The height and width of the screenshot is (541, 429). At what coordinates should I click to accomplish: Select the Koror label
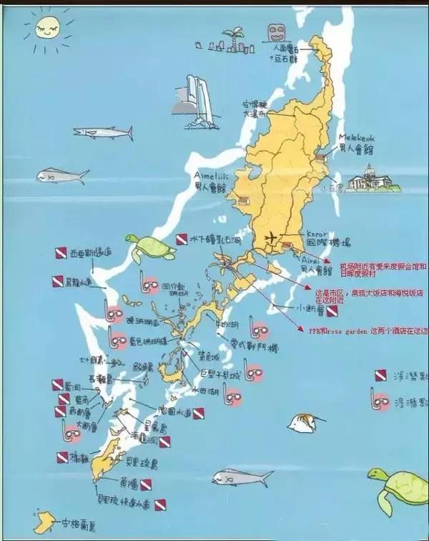(316, 234)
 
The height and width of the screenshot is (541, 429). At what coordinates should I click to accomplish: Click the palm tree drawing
(234, 40)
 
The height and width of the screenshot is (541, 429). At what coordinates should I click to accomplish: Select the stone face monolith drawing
(275, 32)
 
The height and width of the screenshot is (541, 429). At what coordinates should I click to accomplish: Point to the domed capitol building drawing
(370, 178)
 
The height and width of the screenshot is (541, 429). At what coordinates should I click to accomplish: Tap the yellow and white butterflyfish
(305, 423)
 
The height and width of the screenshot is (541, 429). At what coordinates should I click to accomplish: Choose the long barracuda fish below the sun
(103, 132)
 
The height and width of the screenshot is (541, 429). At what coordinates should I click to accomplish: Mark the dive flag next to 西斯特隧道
(61, 253)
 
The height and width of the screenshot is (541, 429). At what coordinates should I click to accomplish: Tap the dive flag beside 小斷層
(332, 312)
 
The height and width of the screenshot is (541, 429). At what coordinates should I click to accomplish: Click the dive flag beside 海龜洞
(164, 442)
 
